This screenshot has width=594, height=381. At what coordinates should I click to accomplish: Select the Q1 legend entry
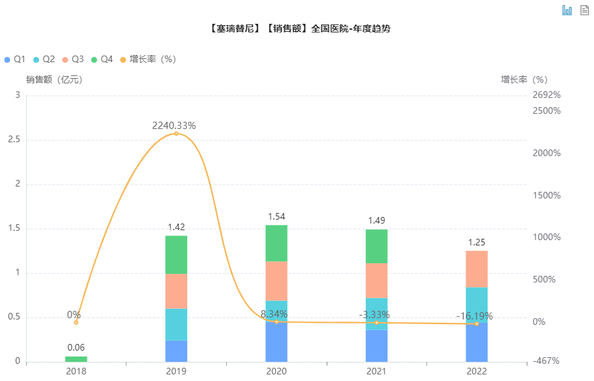point(15,60)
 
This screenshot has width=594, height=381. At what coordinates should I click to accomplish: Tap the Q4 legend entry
point(102,60)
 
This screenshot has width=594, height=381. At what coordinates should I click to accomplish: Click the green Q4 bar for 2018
point(76,359)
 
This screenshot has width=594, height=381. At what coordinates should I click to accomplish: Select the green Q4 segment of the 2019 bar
point(176,255)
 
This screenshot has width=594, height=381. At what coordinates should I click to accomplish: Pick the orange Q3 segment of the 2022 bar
point(476,269)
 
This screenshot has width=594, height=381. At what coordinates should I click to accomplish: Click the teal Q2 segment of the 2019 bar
point(176,324)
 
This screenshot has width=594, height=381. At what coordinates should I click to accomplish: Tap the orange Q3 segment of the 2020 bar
point(276,280)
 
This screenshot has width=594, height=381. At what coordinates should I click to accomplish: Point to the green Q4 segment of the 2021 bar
point(376,246)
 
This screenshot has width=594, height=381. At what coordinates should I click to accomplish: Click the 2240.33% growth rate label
point(174,126)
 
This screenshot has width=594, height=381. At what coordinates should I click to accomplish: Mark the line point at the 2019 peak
point(176,134)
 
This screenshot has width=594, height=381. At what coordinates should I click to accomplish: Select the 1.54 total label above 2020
point(276,216)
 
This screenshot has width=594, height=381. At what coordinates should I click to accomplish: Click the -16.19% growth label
point(474,316)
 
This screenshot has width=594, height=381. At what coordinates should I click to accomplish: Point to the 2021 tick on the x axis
point(376,372)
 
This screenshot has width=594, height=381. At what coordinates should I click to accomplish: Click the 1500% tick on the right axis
point(546,195)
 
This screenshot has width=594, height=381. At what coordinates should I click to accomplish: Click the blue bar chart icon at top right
point(567,10)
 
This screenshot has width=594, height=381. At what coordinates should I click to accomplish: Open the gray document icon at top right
point(584,10)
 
